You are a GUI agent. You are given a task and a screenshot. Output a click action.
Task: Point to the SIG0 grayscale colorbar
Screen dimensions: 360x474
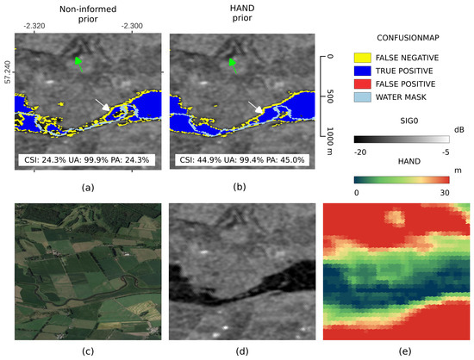pos(402,138)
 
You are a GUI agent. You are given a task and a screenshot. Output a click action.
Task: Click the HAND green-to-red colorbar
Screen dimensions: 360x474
pos(402,179)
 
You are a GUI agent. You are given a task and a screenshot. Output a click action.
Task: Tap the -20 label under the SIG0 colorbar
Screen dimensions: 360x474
pos(362,151)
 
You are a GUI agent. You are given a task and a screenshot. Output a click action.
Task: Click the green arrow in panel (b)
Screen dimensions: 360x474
pos(232,62)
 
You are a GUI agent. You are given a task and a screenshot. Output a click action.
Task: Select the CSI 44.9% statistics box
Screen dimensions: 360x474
pos(238,159)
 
